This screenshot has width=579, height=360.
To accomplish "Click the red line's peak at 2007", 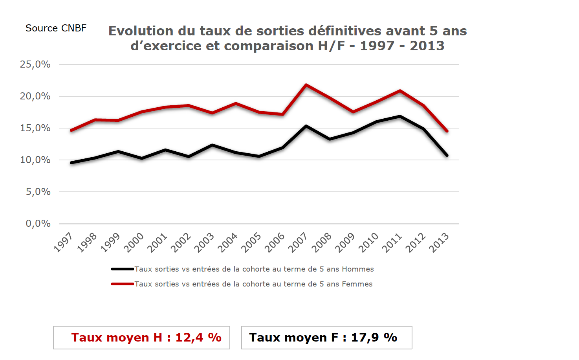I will (x=306, y=85).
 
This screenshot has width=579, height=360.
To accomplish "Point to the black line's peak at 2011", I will (x=400, y=116).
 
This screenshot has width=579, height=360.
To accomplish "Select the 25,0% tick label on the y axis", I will (x=35, y=64).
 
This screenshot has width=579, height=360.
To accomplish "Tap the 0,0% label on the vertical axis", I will (x=38, y=224).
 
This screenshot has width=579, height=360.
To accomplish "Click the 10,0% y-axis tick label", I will (x=35, y=160).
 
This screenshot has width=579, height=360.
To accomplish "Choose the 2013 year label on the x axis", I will (x=439, y=242).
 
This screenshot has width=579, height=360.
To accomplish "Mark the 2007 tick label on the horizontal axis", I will (x=298, y=242).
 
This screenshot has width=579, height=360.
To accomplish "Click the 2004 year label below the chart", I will (x=228, y=242).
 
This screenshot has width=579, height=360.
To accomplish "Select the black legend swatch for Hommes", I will (x=123, y=269).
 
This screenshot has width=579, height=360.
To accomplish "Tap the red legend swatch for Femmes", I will (x=123, y=284).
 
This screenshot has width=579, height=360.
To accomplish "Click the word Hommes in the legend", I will (x=358, y=269).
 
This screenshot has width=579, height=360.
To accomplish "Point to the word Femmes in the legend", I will (x=357, y=284).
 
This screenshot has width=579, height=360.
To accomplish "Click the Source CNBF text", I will (x=56, y=28).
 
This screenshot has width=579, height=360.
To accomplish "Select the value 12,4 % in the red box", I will (x=198, y=338).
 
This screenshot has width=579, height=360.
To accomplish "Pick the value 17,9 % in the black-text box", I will (x=374, y=338).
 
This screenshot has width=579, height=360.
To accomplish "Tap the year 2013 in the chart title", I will (x=427, y=46).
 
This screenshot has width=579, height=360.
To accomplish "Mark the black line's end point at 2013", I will (x=447, y=155).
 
